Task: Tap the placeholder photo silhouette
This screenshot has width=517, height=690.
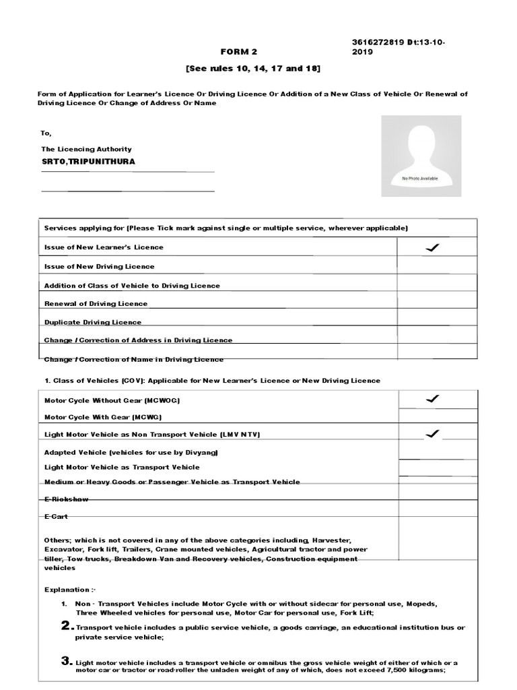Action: tap(421, 151)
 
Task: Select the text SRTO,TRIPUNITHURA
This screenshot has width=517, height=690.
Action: tap(88, 162)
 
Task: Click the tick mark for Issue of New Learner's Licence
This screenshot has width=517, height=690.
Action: tap(432, 248)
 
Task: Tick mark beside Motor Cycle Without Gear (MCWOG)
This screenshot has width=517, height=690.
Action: tap(432, 400)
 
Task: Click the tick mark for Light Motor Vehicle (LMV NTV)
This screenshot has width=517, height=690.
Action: tap(432, 434)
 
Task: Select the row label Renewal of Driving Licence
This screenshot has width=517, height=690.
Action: tap(96, 304)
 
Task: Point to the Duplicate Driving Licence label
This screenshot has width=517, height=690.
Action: tap(93, 322)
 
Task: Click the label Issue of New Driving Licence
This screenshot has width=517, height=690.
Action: tap(99, 267)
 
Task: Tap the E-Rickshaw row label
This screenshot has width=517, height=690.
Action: tap(66, 499)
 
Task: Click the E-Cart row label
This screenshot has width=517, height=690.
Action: tap(56, 517)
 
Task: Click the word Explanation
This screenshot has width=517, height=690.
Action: tap(67, 590)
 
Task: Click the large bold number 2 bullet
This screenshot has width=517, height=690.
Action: tap(67, 627)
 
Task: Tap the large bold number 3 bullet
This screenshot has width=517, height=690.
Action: tap(67, 662)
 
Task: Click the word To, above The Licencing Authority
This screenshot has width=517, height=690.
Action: tap(46, 133)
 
